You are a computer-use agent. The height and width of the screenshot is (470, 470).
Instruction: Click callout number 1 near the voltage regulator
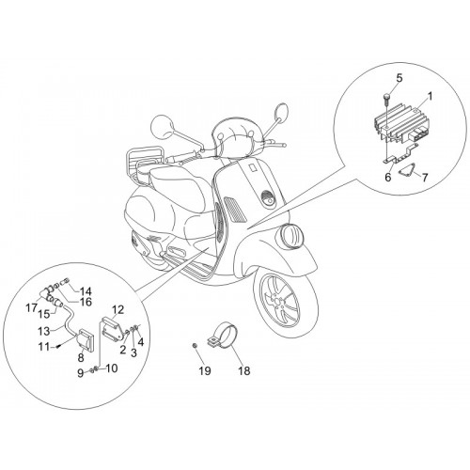[x=431, y=97]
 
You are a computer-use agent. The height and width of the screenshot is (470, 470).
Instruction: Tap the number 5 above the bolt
[x=399, y=78]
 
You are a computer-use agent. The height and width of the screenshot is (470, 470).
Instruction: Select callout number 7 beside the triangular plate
[x=425, y=178]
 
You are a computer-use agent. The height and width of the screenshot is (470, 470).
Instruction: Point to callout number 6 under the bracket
[x=388, y=178]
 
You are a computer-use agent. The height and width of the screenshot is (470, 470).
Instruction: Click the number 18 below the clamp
[x=244, y=371]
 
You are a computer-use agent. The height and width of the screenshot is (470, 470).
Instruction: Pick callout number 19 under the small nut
[x=205, y=371]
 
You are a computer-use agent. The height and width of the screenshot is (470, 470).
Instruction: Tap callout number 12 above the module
[x=117, y=309]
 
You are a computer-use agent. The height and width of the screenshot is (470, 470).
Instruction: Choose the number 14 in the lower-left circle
[x=85, y=291]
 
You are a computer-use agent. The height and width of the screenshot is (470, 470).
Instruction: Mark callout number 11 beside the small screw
[x=44, y=347]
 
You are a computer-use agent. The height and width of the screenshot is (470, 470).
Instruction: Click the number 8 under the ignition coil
[x=81, y=358]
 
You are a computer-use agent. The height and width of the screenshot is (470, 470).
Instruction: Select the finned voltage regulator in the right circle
[x=397, y=125]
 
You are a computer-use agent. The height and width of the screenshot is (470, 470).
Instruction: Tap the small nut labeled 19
[x=195, y=345]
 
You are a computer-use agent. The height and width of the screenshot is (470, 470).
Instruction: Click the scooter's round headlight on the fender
[x=292, y=235]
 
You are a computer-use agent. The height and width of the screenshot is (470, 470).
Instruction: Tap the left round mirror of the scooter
[x=163, y=126]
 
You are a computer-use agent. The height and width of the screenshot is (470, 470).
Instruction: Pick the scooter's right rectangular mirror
[x=282, y=112]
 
